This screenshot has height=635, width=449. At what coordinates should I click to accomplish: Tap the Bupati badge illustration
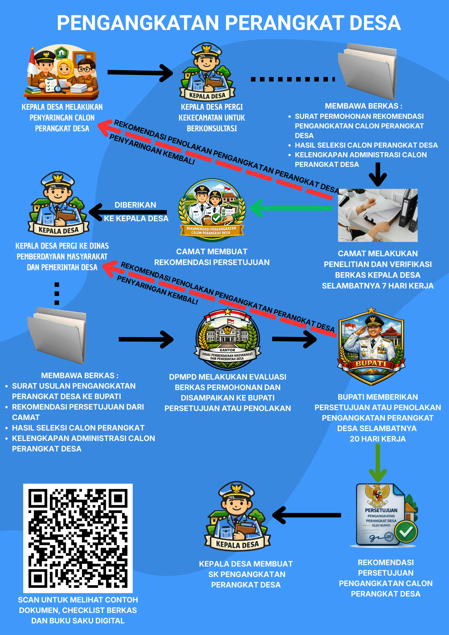[x=371, y=346]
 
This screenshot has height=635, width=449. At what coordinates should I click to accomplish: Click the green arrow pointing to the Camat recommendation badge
[x=291, y=208]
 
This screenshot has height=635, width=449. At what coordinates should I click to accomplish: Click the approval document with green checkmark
[x=384, y=515]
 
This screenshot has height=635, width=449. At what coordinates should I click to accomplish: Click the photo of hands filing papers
[x=378, y=215]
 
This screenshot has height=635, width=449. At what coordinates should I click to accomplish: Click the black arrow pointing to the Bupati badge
[x=294, y=339]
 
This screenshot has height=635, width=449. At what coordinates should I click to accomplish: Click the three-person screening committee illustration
[x=62, y=72]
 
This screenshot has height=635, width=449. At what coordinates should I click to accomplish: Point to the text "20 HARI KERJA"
[x=378, y=439]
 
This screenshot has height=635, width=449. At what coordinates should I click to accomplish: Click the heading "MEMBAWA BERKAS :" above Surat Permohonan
[x=364, y=106]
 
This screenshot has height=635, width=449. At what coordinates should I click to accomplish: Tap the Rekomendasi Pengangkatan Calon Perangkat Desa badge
[x=212, y=210]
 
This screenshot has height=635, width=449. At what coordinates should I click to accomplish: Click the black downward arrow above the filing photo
[x=378, y=174]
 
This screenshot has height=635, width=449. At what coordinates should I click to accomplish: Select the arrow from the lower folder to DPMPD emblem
[x=146, y=339]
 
